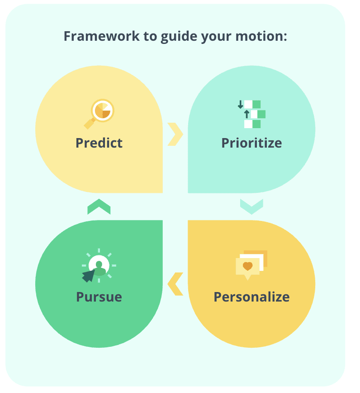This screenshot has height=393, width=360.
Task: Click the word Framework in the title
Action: [101, 36]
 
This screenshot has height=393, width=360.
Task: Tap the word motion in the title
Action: [260, 36]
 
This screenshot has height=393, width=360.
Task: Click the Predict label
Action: [99, 143]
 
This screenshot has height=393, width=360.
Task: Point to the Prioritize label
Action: [251, 143]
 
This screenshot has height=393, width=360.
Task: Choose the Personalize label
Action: [251, 297]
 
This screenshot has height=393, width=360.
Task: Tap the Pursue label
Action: [99, 297]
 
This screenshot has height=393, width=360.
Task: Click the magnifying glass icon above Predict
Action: [99, 114]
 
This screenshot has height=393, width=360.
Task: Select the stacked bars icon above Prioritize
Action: [251, 114]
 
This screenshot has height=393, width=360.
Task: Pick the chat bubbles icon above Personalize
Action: [251, 265]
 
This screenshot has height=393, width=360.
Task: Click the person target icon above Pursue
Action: [99, 265]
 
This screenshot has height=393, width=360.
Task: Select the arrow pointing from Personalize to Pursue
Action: [175, 284]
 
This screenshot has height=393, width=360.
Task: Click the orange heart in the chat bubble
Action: [247, 266]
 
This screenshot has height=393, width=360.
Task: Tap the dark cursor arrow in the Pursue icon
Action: [88, 276]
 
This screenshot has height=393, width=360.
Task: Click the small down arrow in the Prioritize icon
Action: [240, 105]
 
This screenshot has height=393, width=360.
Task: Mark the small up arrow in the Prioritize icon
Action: [247, 114]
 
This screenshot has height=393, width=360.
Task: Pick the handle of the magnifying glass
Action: [89, 124]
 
